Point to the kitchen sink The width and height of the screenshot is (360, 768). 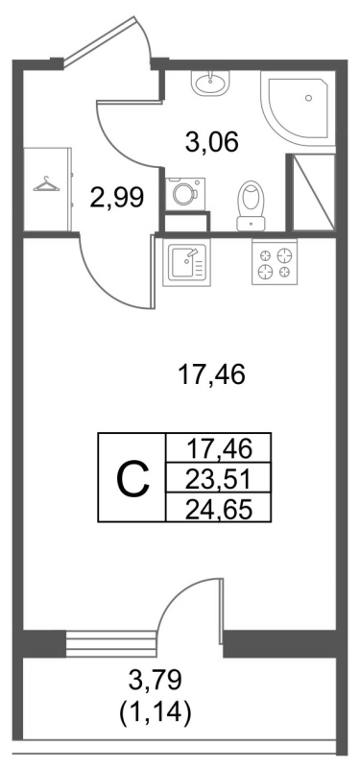point(185,262)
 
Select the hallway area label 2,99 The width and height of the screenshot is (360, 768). point(117,199)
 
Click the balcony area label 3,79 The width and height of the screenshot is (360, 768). point(153,683)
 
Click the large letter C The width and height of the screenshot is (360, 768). point(132,478)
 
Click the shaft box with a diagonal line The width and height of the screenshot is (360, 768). point(313,191)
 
